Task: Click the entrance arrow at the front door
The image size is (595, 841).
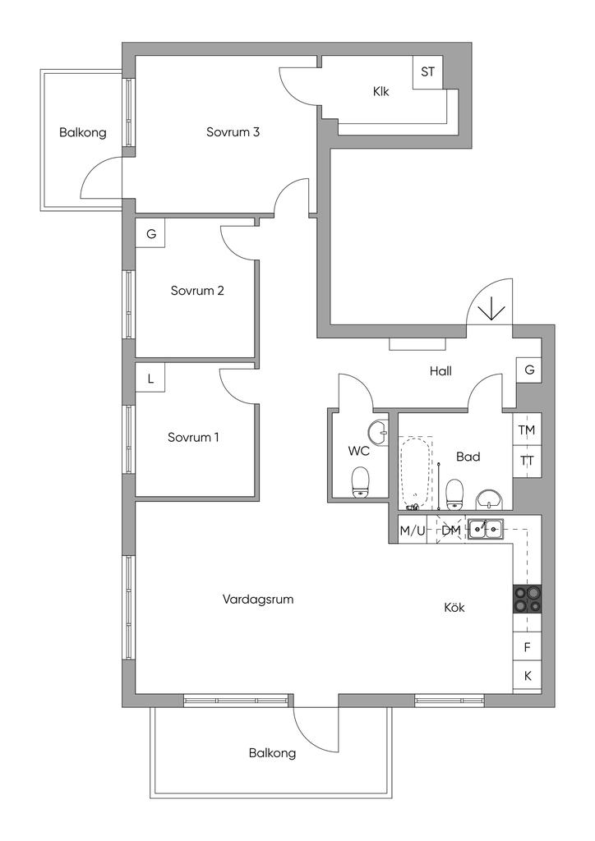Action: click(x=491, y=308)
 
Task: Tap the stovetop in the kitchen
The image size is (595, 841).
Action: click(x=528, y=599)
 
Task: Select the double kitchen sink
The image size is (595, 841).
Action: click(x=487, y=530)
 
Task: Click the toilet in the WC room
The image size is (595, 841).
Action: click(x=360, y=481)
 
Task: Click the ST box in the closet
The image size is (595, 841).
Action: click(x=427, y=71)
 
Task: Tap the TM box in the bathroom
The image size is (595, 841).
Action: click(x=527, y=430)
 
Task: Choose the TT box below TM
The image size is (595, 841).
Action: click(x=527, y=460)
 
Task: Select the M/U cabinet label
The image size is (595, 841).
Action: click(x=413, y=531)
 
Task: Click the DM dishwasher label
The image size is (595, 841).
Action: click(x=450, y=531)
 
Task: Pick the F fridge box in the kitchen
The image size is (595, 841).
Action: click(x=527, y=647)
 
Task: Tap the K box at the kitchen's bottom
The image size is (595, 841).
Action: click(x=527, y=677)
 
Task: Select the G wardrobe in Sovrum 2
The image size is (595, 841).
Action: click(x=150, y=234)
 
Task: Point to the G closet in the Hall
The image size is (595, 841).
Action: click(x=529, y=370)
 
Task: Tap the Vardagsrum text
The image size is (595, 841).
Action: click(x=258, y=600)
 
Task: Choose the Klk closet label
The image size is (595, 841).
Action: click(x=381, y=92)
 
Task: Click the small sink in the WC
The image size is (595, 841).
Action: click(x=378, y=430)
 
